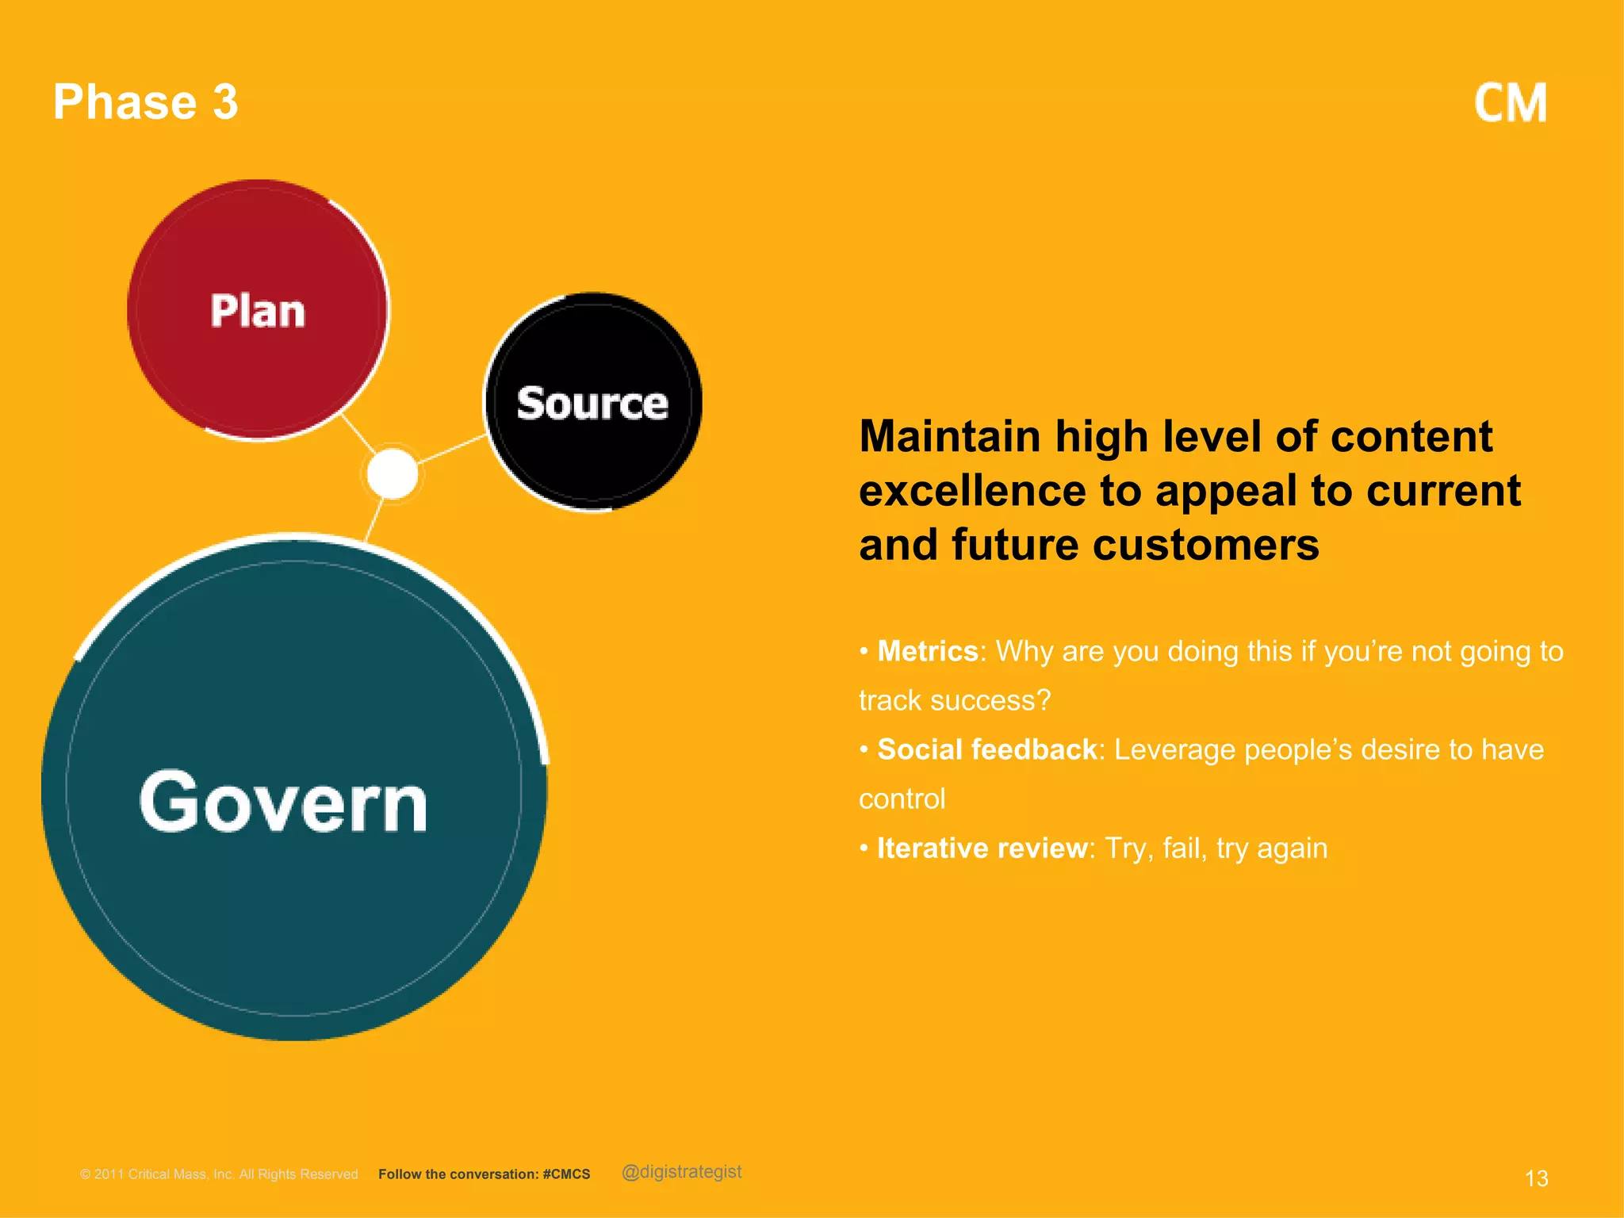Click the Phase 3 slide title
point(146,102)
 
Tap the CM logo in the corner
point(1510,104)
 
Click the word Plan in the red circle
point(258,311)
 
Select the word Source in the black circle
point(592,404)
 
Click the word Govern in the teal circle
point(284,802)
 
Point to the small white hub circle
point(393,473)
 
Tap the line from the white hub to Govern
point(373,520)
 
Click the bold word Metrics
point(927,651)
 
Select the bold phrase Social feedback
point(986,749)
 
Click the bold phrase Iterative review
point(982,848)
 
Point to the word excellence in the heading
point(972,491)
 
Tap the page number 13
point(1536,1178)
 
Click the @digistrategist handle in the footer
point(682,1172)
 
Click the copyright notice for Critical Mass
point(219,1174)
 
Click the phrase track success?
point(955,701)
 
